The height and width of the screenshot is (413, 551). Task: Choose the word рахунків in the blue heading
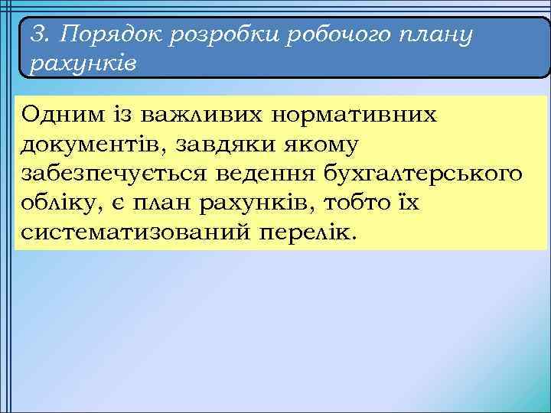click(83, 63)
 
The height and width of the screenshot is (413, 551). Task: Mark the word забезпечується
click(113, 174)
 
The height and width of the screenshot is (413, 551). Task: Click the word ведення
click(263, 174)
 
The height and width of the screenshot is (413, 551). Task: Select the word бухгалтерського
click(419, 174)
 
